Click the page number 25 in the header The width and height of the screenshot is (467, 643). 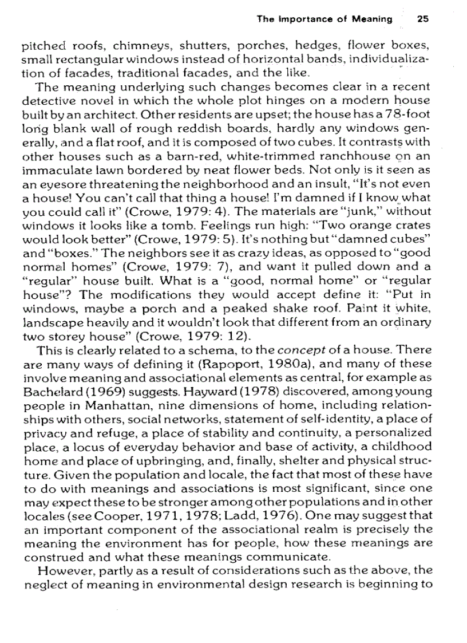point(423,19)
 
